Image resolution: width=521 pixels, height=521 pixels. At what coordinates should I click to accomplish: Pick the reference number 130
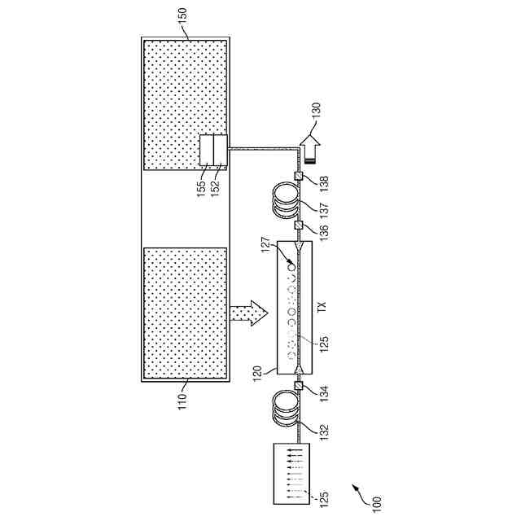coord(317,112)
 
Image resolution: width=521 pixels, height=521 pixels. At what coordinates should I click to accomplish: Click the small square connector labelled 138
coord(299,177)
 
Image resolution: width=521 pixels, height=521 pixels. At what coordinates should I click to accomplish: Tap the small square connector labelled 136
coord(299,225)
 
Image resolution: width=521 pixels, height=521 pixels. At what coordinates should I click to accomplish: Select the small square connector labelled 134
coord(299,386)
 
